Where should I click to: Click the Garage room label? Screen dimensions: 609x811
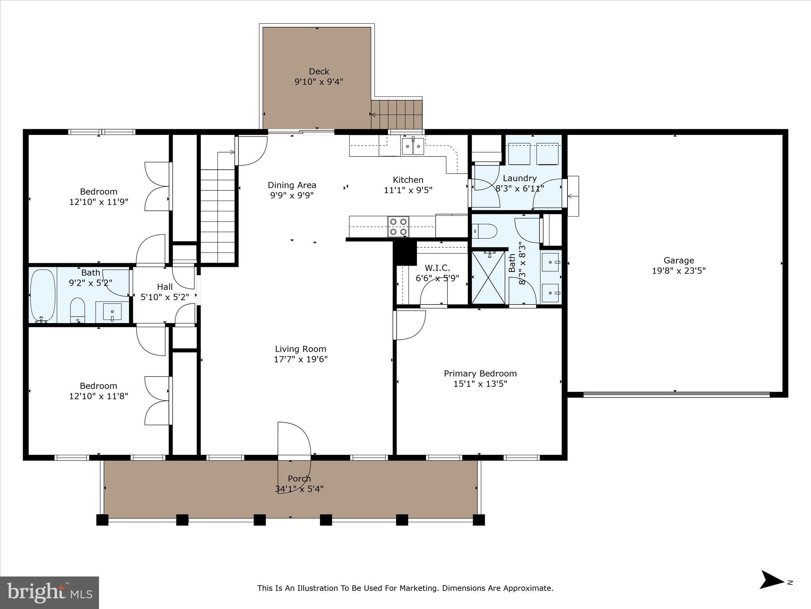coord(678,260)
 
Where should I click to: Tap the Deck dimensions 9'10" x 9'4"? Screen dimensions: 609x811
coord(318,82)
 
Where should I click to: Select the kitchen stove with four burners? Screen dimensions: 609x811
coord(398,227)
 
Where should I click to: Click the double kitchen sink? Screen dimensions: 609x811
coord(413,146)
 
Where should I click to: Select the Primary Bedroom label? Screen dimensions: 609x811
coord(480,373)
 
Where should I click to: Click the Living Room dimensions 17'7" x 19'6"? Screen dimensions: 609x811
coord(301,359)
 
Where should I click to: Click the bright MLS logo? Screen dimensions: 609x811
coord(49,592)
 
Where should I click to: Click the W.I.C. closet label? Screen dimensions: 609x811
coord(437,268)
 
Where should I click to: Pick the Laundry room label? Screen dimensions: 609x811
coord(520,178)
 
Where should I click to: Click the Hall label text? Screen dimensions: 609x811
coord(165,287)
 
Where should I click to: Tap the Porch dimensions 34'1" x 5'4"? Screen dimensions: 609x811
coord(299,489)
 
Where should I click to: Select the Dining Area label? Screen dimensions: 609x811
coord(292,185)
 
